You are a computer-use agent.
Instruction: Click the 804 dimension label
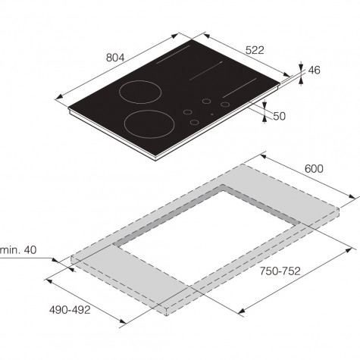(x=115, y=58)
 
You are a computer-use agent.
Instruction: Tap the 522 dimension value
(x=255, y=50)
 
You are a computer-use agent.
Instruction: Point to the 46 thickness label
(x=315, y=70)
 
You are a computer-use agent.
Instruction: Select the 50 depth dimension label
(x=280, y=116)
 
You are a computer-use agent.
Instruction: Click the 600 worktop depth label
(x=314, y=168)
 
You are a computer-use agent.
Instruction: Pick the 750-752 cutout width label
(x=280, y=271)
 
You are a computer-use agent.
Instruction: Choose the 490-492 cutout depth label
(x=70, y=310)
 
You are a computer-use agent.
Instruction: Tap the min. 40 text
(x=18, y=250)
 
